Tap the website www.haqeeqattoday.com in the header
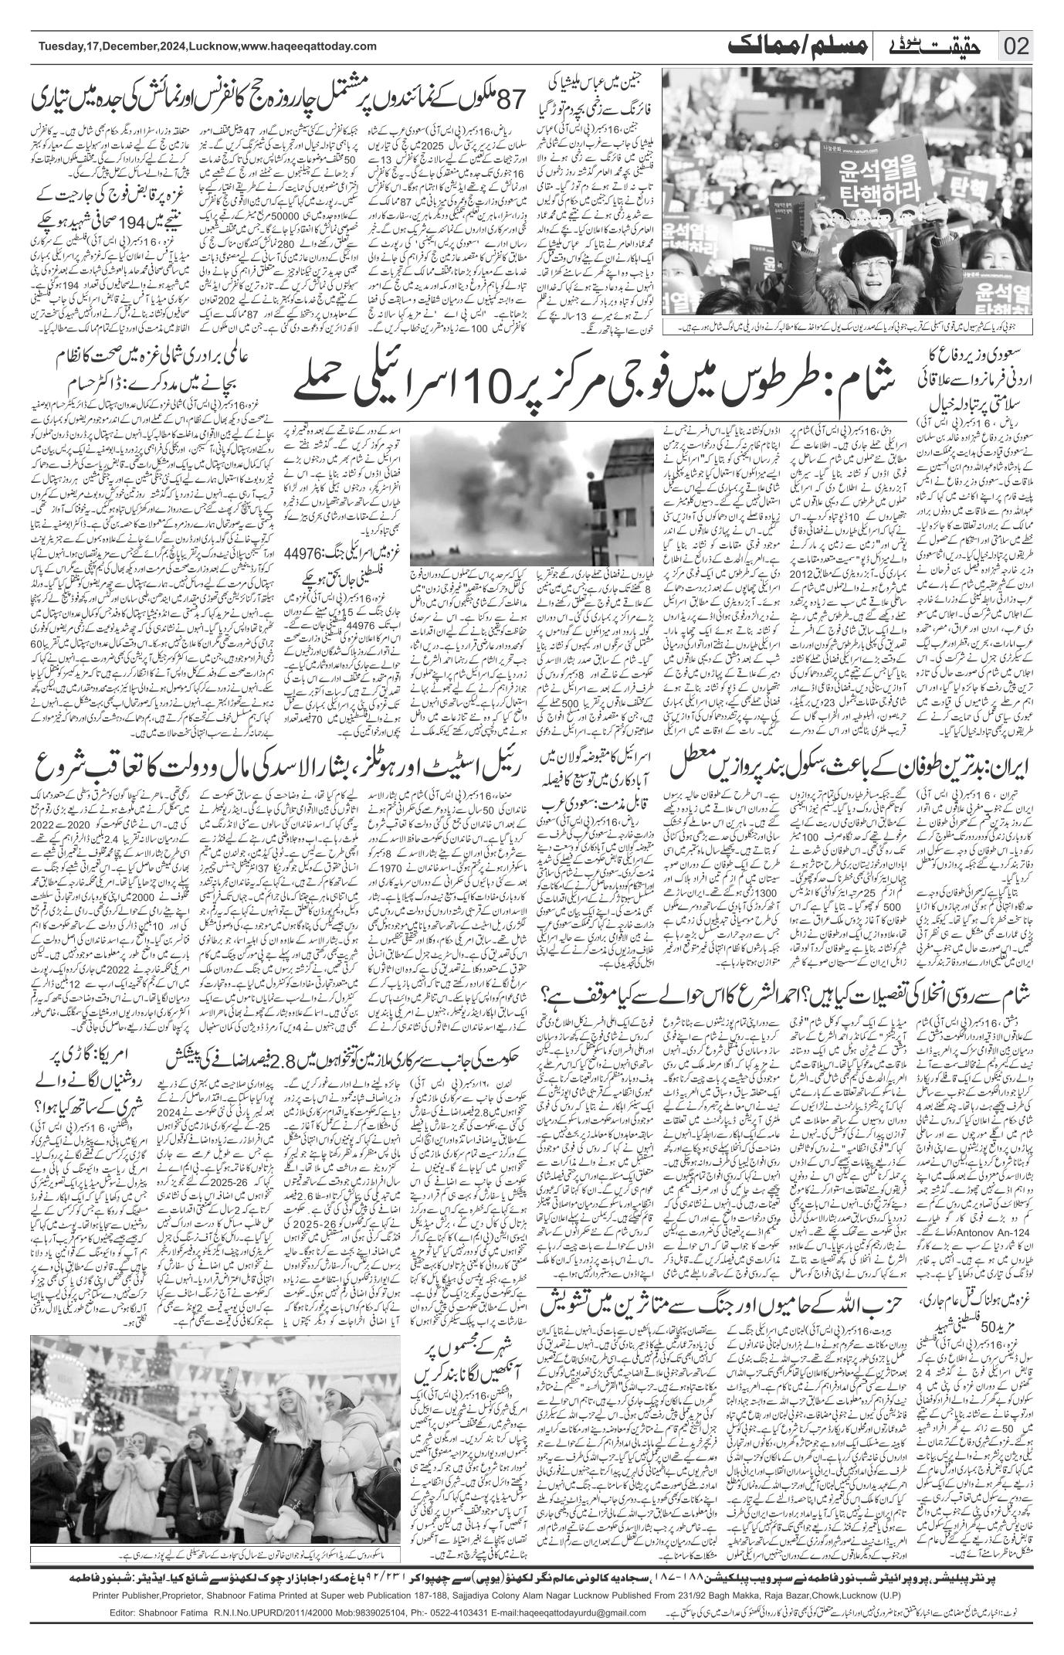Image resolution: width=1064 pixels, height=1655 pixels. pos(309,46)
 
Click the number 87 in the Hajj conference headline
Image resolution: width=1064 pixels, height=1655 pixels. pos(510,99)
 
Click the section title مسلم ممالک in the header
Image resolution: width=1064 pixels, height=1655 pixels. pos(795,46)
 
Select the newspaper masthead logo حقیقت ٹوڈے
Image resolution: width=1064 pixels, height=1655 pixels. pos(934,46)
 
